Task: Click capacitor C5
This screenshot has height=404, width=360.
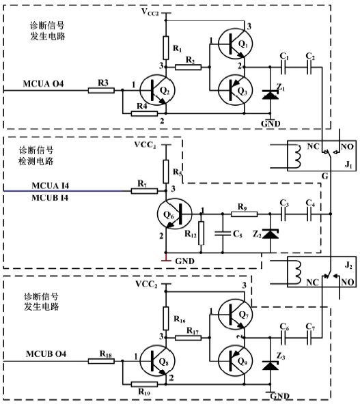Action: pyautogui.click(x=222, y=233)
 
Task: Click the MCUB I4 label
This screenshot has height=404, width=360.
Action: pyautogui.click(x=48, y=198)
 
